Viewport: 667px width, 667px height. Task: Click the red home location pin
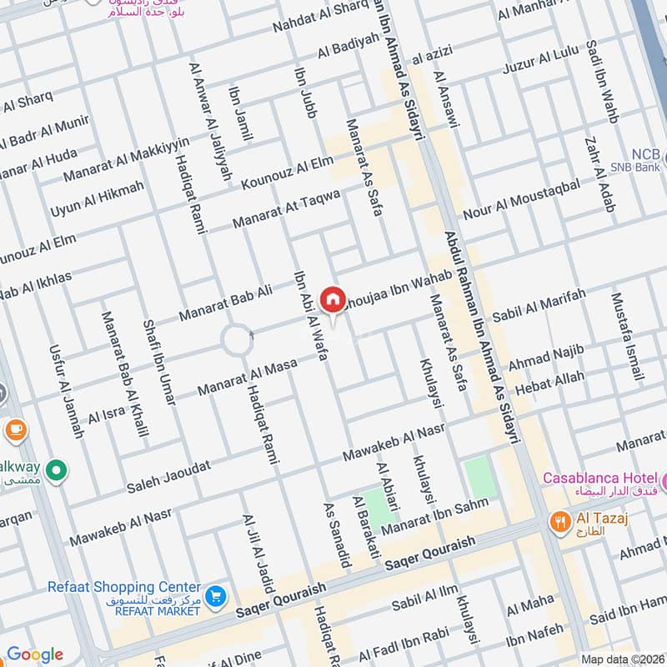(x=333, y=299)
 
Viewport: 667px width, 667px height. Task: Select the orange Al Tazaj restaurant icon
(x=560, y=522)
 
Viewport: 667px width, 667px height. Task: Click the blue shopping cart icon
(x=216, y=595)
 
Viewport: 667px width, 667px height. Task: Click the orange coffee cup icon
(x=15, y=430)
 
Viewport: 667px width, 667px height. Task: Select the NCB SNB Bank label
(x=644, y=160)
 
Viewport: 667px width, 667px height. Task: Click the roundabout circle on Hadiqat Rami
(x=236, y=340)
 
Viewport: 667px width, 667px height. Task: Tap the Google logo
(x=35, y=654)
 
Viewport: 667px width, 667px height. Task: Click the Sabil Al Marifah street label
(x=539, y=306)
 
